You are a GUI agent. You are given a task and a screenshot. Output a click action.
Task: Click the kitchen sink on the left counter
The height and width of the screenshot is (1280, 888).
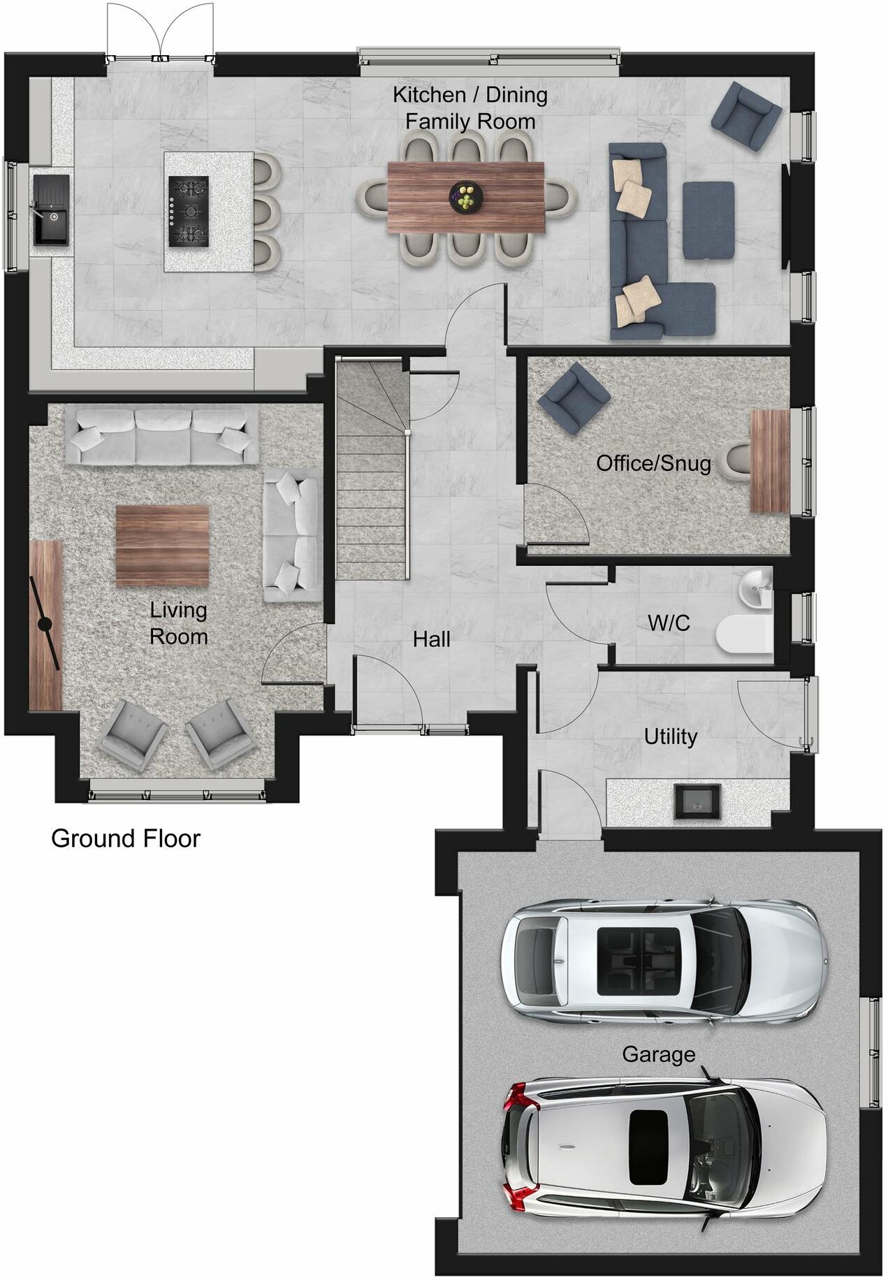point(51,210)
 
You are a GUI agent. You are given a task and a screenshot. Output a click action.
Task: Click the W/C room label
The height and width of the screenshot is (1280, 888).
point(669,623)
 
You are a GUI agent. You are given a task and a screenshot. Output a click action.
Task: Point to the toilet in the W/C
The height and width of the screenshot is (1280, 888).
point(743,634)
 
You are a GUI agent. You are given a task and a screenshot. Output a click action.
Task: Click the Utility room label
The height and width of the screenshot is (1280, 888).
point(670,736)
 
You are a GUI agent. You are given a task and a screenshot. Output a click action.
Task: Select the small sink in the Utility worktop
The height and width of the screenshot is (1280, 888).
point(697,801)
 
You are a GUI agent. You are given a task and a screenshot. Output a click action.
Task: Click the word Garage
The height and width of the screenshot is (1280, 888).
point(658,1054)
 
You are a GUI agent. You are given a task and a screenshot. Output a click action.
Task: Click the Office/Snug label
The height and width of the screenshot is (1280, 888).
point(653,463)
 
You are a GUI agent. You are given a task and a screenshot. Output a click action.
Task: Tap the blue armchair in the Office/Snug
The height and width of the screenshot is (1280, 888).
point(574,397)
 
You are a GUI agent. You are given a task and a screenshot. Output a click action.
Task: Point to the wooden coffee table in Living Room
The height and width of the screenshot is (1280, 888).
point(162,545)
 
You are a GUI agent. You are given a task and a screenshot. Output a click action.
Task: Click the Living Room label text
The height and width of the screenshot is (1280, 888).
point(178,623)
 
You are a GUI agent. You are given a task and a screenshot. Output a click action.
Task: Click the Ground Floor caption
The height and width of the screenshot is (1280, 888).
point(125,838)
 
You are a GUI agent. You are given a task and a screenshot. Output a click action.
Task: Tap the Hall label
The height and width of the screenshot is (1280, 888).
point(431,639)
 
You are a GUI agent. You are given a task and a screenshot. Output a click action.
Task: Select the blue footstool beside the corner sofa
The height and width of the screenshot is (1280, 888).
point(708,220)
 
